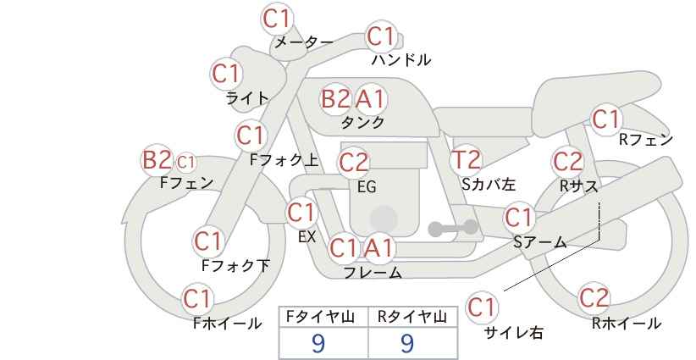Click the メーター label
pos(304,42)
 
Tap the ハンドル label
pos(401,59)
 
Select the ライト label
pos(247,98)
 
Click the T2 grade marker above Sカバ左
pos(466,160)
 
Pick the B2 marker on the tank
pos(335,98)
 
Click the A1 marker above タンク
pos(370,98)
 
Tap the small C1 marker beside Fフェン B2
pos(185,162)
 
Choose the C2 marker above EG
pos(353,163)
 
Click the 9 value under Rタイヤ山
pos(407,343)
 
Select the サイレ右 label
pos(513,332)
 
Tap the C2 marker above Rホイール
pos(594,297)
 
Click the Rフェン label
pos(646,140)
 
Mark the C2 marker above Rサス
pos(567,161)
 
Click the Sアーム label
pos(540,242)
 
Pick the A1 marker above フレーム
pos(378,248)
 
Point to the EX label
pos(307,237)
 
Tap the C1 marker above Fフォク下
pos(207,241)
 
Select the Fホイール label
pos(227,324)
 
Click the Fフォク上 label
pos(284,160)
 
